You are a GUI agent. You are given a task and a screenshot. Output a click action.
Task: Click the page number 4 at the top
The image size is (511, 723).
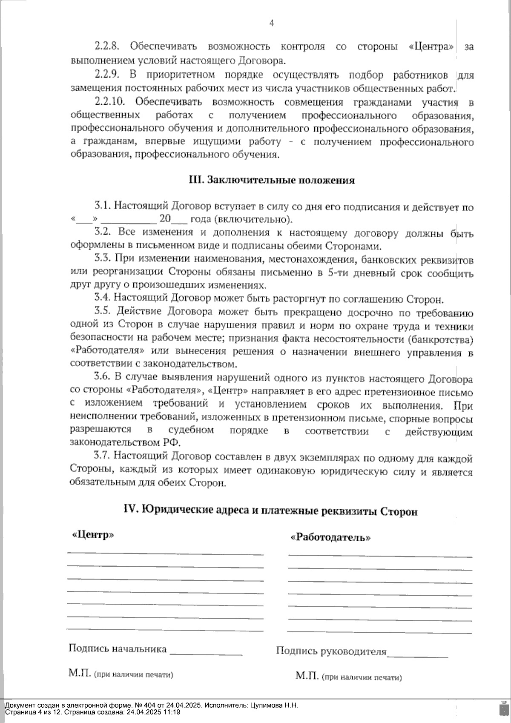[272, 24]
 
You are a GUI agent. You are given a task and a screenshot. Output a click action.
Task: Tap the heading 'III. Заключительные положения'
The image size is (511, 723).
[272, 180]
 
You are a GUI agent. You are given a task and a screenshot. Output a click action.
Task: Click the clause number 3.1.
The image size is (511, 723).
[102, 207]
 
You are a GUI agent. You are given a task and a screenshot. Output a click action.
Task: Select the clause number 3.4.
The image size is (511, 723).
[102, 298]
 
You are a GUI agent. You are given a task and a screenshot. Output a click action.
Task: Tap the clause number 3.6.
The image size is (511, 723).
[102, 378]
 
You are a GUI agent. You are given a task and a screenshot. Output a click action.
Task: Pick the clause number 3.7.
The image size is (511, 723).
[102, 457]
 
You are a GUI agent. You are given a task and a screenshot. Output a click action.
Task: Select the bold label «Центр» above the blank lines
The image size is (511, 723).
[93, 535]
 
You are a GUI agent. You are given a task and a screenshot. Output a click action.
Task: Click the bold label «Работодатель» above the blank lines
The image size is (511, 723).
[330, 537]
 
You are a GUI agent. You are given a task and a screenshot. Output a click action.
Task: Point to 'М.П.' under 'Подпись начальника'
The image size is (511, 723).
[80, 673]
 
